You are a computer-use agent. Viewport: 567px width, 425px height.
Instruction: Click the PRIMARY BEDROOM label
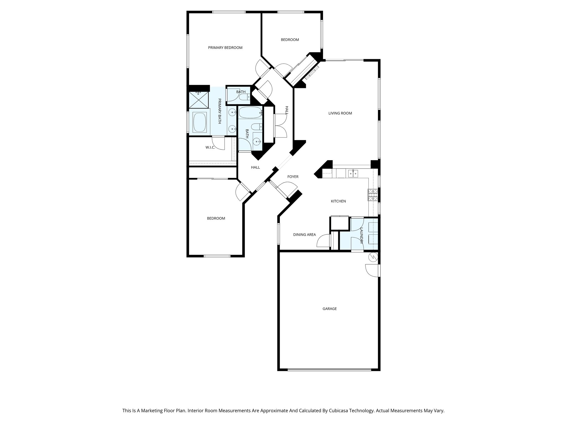225,48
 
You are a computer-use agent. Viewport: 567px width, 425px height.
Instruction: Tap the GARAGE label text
329,309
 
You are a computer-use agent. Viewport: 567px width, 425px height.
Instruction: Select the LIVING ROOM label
340,113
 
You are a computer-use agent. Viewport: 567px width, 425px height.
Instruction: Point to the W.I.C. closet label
210,147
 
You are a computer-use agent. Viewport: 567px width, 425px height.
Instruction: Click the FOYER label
293,177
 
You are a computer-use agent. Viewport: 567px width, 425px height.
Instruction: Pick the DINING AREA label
304,235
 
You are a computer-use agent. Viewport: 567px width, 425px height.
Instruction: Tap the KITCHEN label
338,201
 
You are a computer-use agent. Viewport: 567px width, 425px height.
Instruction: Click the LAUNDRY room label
361,235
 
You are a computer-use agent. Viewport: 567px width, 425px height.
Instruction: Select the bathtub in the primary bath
200,122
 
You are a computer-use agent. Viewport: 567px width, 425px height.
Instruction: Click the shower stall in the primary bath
198,100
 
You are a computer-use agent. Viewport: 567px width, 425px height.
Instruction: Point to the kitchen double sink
353,173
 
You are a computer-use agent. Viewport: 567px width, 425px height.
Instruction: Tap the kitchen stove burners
372,195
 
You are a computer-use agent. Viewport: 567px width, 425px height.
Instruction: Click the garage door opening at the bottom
329,369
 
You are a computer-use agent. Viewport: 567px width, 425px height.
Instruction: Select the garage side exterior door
372,270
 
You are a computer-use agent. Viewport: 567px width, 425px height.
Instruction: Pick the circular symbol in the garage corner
373,257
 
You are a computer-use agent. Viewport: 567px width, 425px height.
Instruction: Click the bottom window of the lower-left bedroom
217,256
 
